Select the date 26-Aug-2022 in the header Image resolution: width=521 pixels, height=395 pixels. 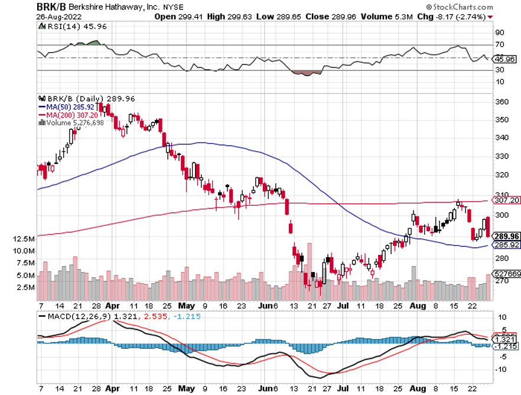point(56,17)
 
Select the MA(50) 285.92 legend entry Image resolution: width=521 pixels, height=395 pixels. point(70,106)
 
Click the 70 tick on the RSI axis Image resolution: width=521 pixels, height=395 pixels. point(499,44)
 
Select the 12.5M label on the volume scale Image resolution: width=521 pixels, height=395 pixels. point(25,239)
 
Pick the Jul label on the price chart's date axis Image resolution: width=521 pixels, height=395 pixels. point(342,306)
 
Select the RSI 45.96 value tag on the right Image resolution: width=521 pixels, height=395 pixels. point(505,59)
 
